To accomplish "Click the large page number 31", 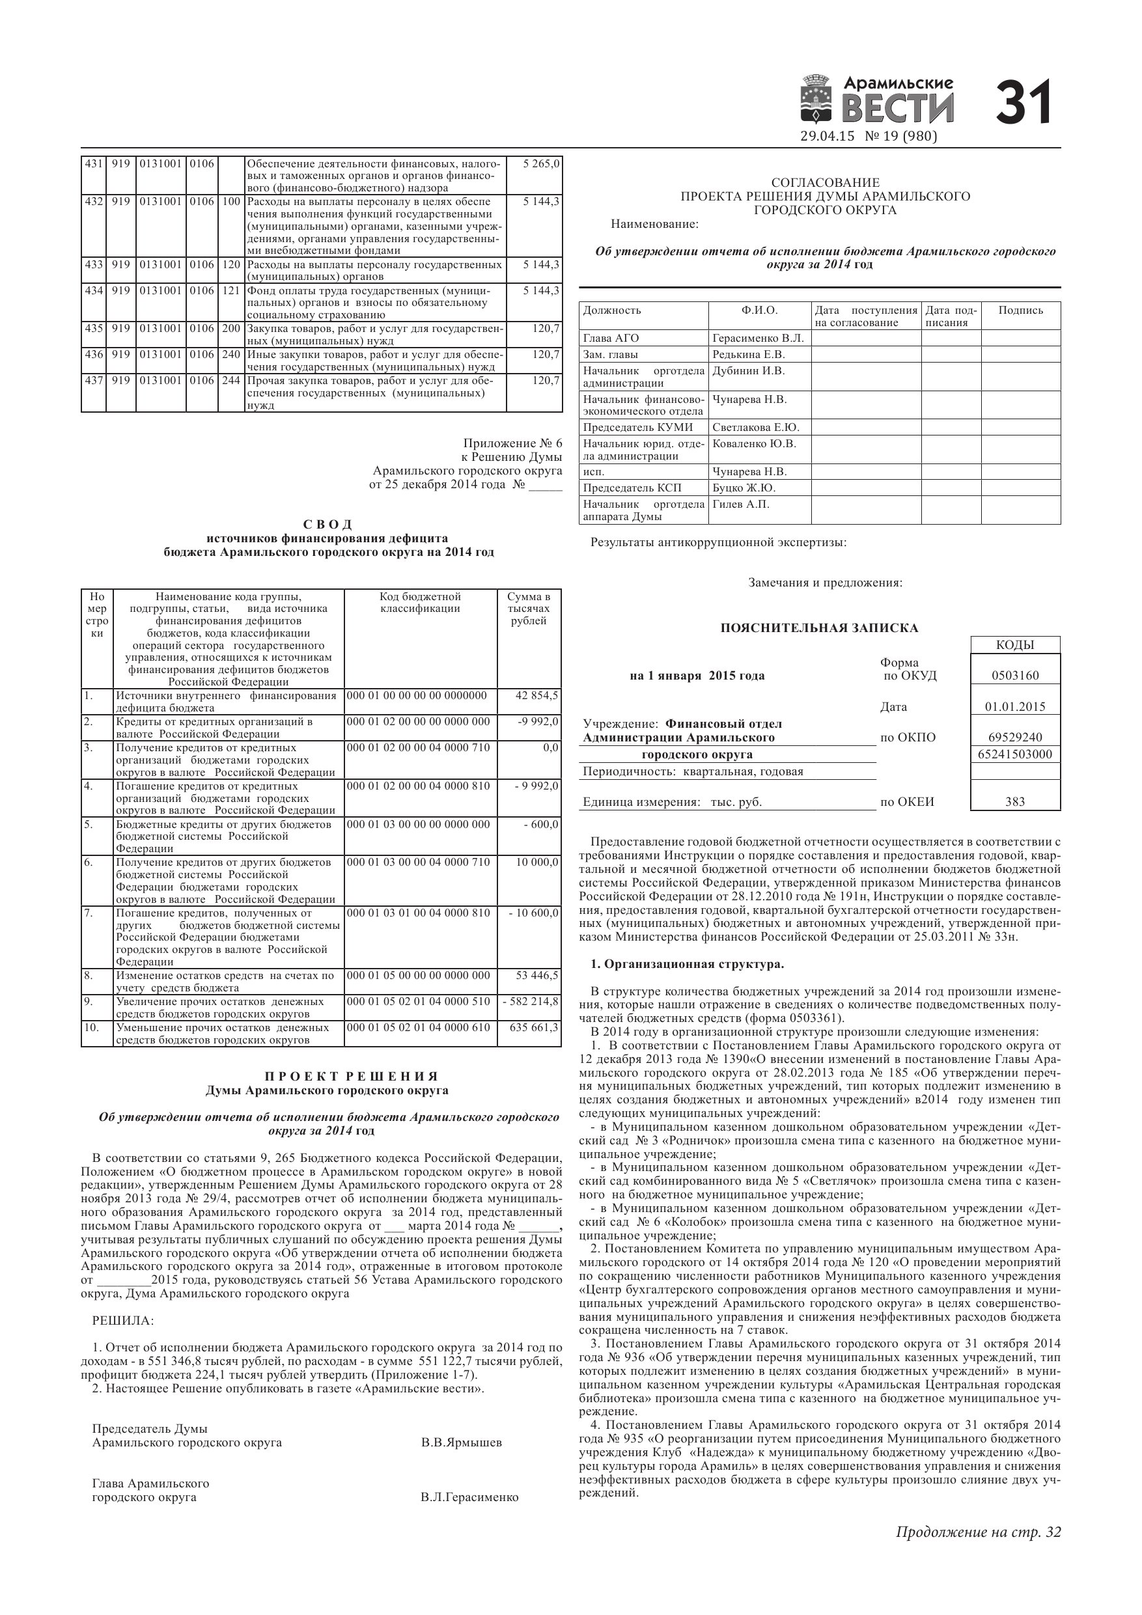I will click(x=1025, y=103).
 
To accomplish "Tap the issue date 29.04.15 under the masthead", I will click(x=827, y=137).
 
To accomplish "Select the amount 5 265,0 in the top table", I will click(x=541, y=164).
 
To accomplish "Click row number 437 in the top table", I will click(x=94, y=381).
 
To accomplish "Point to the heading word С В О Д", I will click(x=328, y=525).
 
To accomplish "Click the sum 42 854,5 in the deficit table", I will click(x=537, y=696).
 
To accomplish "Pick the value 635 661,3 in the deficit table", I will click(x=534, y=1028).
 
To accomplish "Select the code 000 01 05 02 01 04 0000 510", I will click(x=419, y=1002).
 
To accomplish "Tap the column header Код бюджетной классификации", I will click(x=420, y=603).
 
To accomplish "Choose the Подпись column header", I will click(x=1020, y=311).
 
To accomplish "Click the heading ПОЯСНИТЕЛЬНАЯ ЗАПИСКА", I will click(x=819, y=628).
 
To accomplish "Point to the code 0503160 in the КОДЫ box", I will click(x=1014, y=676).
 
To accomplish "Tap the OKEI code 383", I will click(x=1014, y=802).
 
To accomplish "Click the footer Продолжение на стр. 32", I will click(x=978, y=1531).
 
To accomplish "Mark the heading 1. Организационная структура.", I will click(x=688, y=963).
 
